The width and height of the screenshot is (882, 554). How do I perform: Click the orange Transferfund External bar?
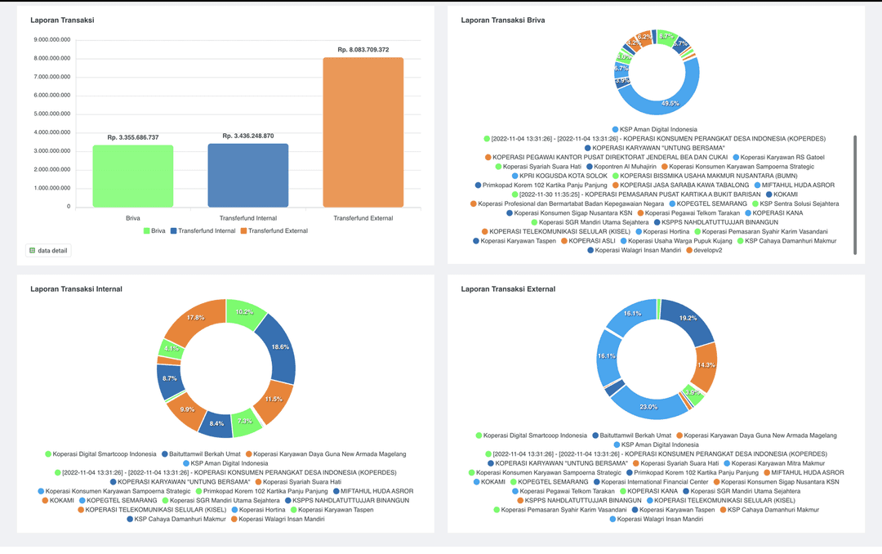pos(363,132)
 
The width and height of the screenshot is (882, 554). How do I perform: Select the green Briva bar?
pos(132,176)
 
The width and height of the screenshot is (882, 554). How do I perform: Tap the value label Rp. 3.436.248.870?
pos(247,136)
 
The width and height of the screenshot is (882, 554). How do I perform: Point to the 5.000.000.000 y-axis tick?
pos(52,114)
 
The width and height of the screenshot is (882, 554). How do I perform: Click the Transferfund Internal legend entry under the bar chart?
pos(202,231)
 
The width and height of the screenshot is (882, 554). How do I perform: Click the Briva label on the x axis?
pos(132,218)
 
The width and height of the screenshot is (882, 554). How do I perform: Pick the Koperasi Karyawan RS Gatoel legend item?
pos(777,157)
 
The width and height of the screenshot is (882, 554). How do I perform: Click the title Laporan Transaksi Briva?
pos(502,20)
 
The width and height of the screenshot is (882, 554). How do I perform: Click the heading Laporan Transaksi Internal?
pos(75,288)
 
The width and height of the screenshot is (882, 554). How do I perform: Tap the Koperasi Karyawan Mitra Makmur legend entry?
pos(773,463)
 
